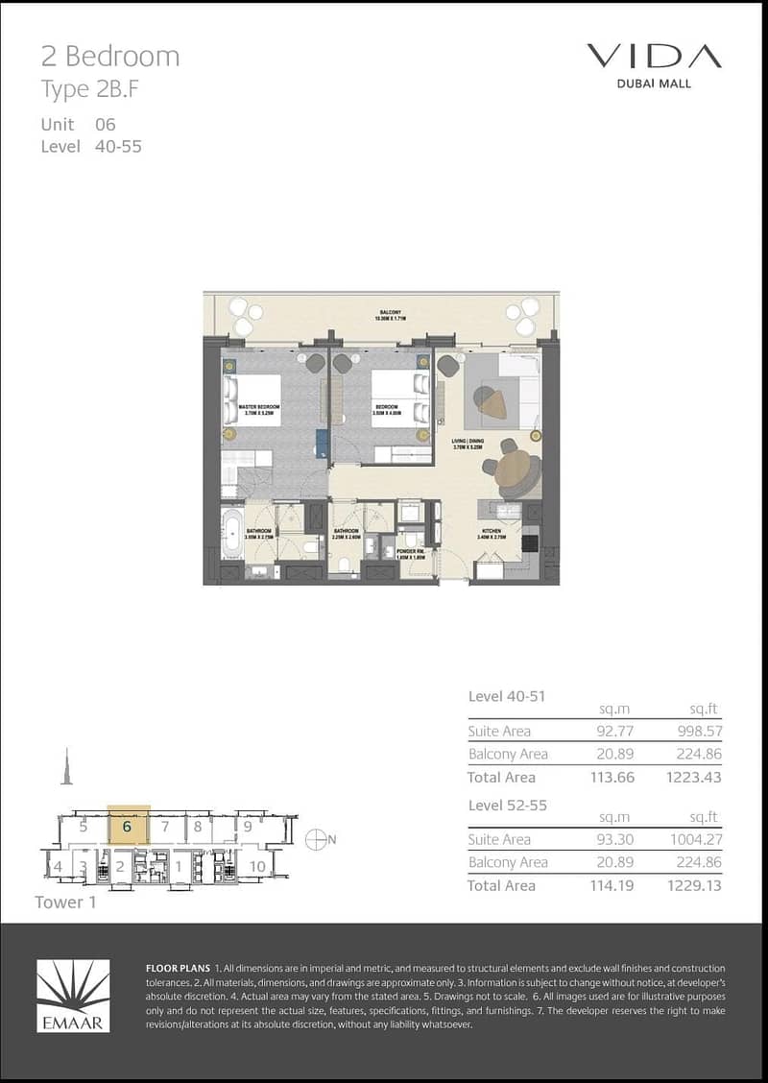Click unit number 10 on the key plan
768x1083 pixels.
click(257, 866)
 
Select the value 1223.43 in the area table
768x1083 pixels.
click(691, 777)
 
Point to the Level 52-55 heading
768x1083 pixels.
click(507, 805)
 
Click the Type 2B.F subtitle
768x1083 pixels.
click(84, 90)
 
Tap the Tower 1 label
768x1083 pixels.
click(65, 902)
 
